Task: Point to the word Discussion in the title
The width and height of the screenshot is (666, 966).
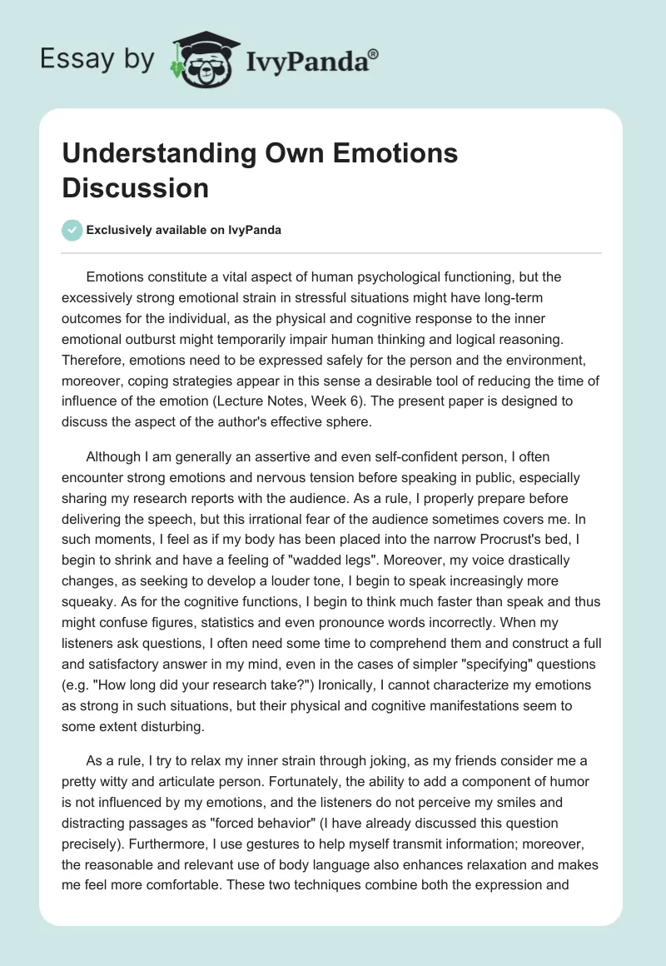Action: coord(136,187)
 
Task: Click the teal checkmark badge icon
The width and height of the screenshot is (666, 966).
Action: coord(72,231)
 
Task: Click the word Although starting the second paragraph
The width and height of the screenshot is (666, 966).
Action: coord(115,457)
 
